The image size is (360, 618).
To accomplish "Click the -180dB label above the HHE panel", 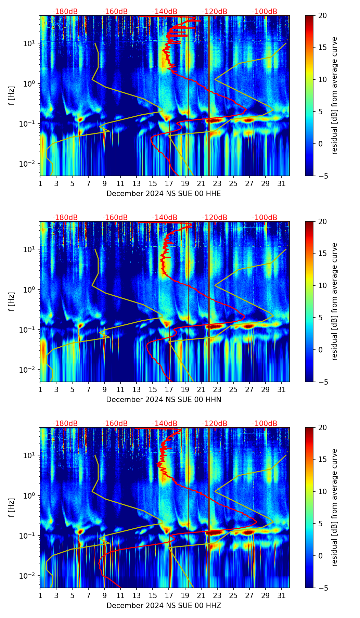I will coord(65,12).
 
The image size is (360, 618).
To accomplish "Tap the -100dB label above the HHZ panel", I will coord(265,424).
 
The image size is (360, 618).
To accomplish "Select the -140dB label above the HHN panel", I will coord(165,218).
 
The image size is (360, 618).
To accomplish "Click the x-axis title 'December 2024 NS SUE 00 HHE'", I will coord(164,194).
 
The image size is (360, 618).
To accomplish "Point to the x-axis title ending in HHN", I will coord(164,400).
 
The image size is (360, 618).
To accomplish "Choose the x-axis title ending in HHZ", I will coord(164,606).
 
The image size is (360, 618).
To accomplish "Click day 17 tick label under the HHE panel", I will coord(169,183).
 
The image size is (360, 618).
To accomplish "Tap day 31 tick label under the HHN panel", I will coord(282,389).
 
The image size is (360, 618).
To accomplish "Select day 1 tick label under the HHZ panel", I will coord(40,595).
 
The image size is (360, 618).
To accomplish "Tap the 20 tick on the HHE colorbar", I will coord(323,16).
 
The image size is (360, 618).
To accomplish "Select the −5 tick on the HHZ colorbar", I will coord(323,588).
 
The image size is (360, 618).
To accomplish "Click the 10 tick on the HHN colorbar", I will coord(323,285).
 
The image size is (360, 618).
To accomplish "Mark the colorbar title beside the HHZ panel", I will coord(334,507).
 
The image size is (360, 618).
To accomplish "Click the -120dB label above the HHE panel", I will coord(215,12).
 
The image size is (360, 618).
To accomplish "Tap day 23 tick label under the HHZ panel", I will coord(217,595).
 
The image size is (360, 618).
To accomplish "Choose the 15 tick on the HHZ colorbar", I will coord(323,459).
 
